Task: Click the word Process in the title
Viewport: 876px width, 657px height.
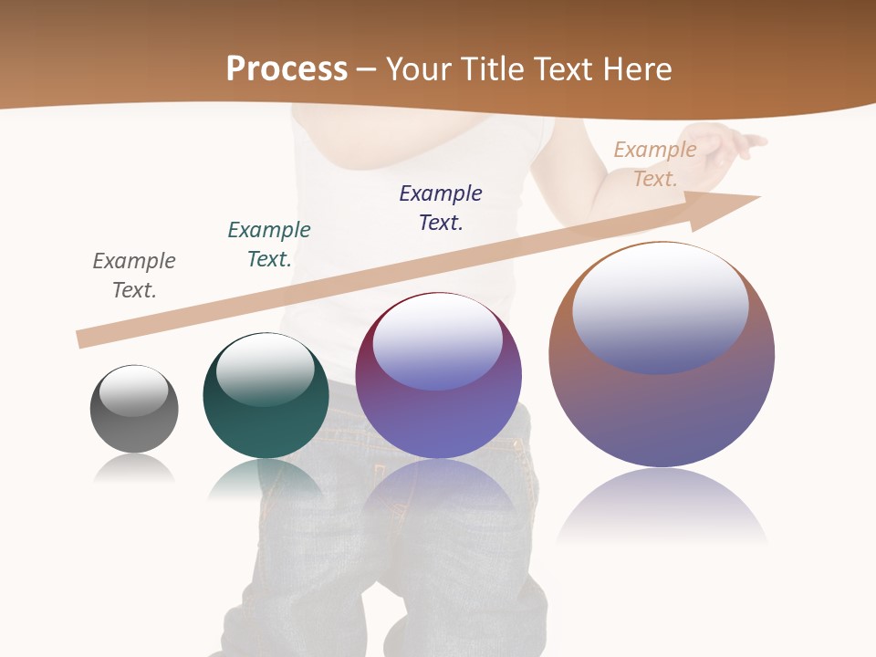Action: pyautogui.click(x=287, y=68)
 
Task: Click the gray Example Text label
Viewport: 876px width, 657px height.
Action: pyautogui.click(x=134, y=276)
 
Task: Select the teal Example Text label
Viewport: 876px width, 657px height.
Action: pyautogui.click(x=269, y=245)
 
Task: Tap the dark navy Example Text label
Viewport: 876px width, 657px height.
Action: pyautogui.click(x=441, y=208)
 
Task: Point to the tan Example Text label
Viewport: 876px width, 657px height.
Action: pyautogui.click(x=655, y=164)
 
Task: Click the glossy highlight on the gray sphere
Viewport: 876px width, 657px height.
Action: pyautogui.click(x=134, y=390)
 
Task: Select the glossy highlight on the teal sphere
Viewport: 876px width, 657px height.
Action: pyautogui.click(x=266, y=368)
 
